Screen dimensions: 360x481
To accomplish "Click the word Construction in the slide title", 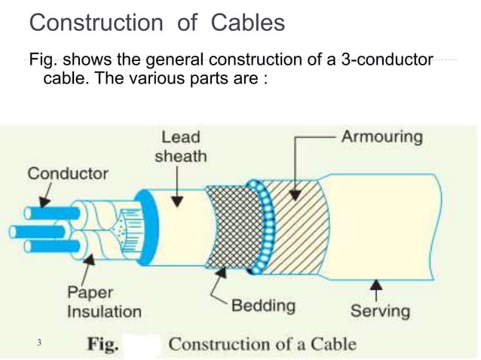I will coord(95,23).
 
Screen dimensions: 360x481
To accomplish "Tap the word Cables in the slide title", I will coord(247,23).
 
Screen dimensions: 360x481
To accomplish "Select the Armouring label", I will coord(381,137).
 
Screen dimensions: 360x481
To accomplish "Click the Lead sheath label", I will coord(180,146).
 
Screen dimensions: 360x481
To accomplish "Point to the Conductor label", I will coord(68,173).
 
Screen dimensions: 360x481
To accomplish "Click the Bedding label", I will coord(263,305).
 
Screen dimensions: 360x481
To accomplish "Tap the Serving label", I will coord(380,310).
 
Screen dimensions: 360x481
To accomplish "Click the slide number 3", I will coord(38,343).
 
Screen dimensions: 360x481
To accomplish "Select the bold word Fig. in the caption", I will coord(103,345).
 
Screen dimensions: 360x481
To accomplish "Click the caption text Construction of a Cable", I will coord(262,345).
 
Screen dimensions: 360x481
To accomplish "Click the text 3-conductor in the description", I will coord(387,61).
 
